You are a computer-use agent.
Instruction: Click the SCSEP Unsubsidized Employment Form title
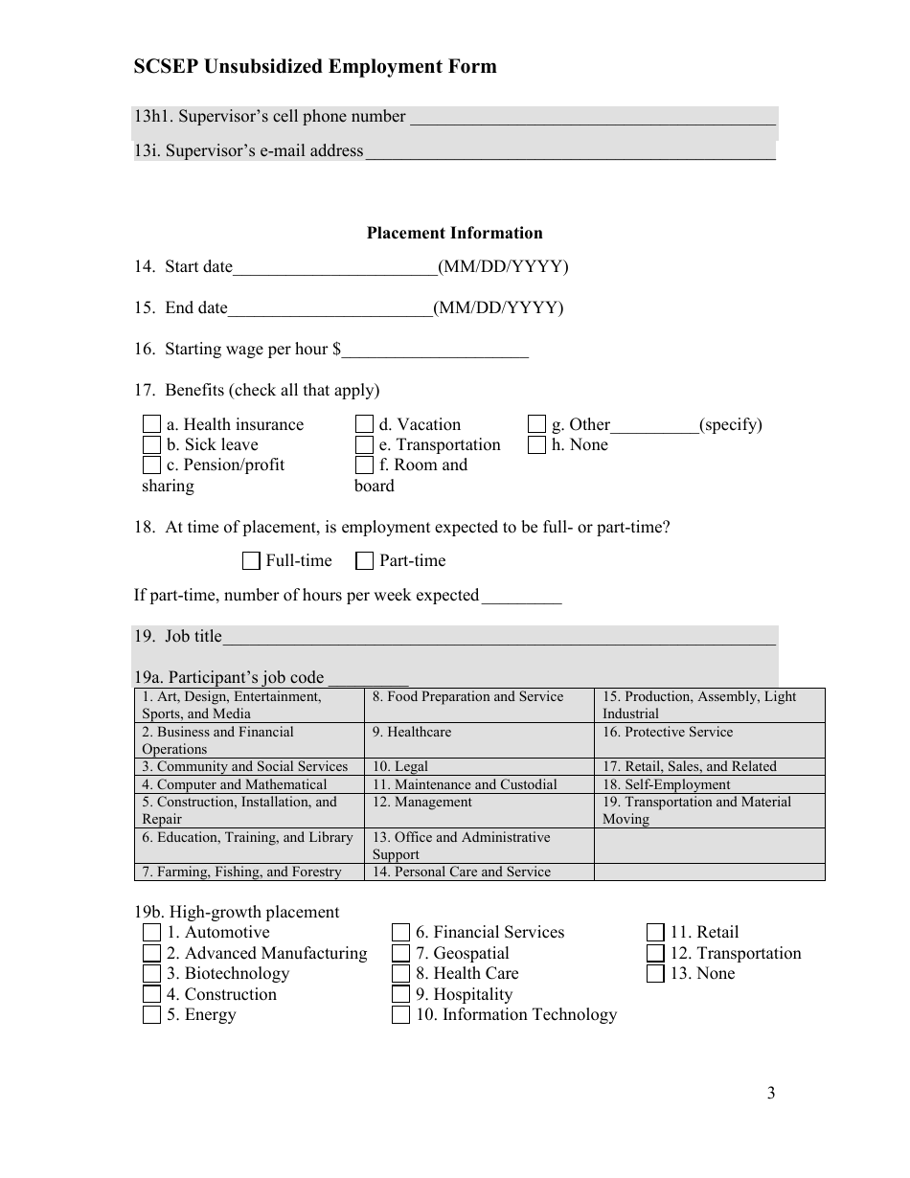pos(315,66)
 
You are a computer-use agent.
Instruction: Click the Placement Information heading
pos(454,233)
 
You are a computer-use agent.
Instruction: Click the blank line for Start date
pos(334,267)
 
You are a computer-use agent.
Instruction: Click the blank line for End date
pos(330,308)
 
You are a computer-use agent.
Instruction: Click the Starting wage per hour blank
pos(435,350)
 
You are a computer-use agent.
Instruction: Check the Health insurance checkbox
pos(151,424)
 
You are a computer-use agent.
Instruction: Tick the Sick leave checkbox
pos(151,444)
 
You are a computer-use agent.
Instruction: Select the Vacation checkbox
pos(364,424)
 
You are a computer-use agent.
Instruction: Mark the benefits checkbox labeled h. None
pos(536,444)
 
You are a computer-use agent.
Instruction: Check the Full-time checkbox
pos(252,561)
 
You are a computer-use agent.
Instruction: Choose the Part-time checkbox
pos(364,561)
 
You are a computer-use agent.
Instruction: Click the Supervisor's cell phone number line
pos(591,118)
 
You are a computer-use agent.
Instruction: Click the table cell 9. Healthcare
pos(479,739)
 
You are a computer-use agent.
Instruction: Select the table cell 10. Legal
pos(479,766)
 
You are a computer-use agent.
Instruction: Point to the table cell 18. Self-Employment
pos(709,784)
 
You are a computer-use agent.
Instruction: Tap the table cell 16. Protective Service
pos(709,739)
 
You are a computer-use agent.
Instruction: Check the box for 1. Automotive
pos(151,933)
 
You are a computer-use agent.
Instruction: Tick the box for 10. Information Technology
pos(400,1015)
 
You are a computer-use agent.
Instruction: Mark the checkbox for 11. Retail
pos(655,933)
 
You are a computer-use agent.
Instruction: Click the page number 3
pos(771,1094)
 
